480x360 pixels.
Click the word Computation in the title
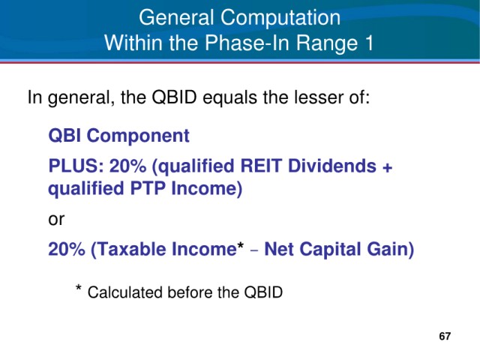[x=280, y=18]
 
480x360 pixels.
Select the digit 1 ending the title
[x=369, y=43]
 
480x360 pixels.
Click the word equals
[x=229, y=98]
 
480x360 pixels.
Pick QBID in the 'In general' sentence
[x=174, y=97]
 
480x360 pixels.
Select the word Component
[x=138, y=136]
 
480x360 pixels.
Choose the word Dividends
[x=331, y=166]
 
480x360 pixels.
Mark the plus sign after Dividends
[x=387, y=168]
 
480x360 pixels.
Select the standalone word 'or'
[x=56, y=220]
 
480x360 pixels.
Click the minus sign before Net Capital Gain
[x=254, y=251]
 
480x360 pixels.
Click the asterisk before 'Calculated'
[x=78, y=288]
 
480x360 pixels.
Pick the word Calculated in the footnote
[x=126, y=292]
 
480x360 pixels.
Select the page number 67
[x=445, y=336]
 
